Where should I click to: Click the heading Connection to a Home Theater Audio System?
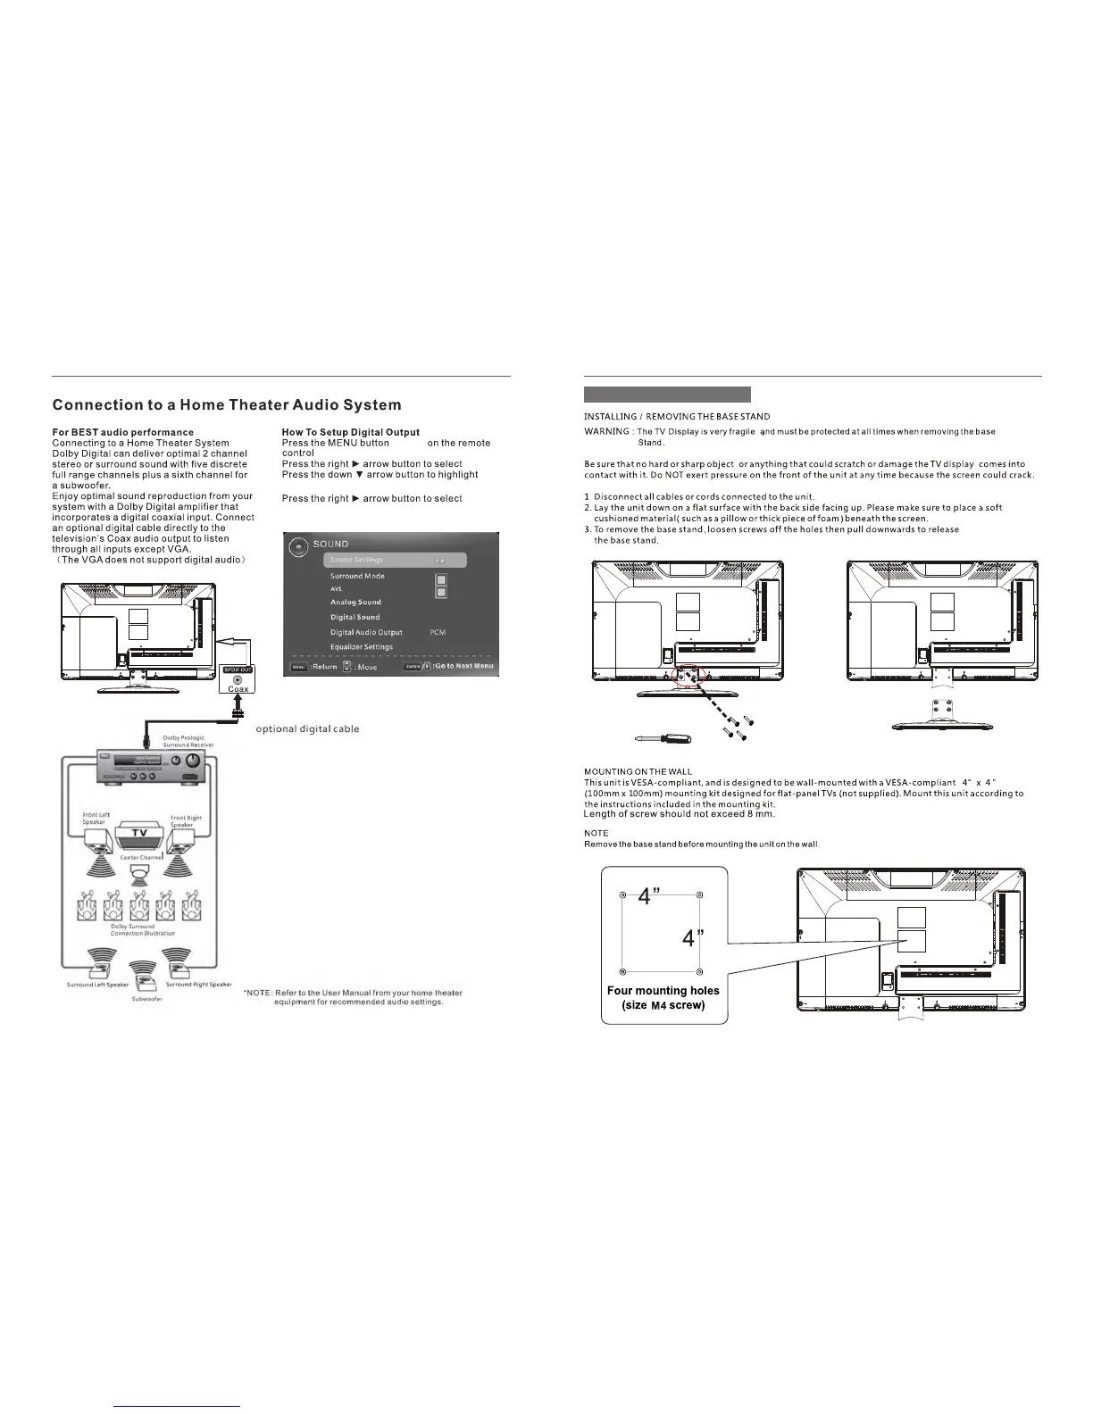pyautogui.click(x=227, y=405)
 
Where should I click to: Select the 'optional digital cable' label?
pyautogui.click(x=307, y=729)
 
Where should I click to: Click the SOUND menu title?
pyautogui.click(x=330, y=544)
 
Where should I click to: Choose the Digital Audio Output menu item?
pyautogui.click(x=366, y=632)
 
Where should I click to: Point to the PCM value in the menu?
pyautogui.click(x=438, y=632)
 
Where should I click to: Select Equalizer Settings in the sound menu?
pyautogui.click(x=362, y=646)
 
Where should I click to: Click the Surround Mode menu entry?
pyautogui.click(x=357, y=576)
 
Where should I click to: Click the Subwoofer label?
pyautogui.click(x=147, y=999)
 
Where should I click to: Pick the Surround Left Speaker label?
pyautogui.click(x=98, y=985)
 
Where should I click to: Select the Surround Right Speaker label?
pyautogui.click(x=198, y=985)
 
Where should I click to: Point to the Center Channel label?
pyautogui.click(x=141, y=857)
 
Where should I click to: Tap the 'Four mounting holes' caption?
pyautogui.click(x=663, y=991)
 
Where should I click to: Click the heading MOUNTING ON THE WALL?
pyautogui.click(x=638, y=771)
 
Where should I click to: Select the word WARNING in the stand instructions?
pyautogui.click(x=606, y=432)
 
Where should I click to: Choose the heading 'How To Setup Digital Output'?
pyautogui.click(x=350, y=432)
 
